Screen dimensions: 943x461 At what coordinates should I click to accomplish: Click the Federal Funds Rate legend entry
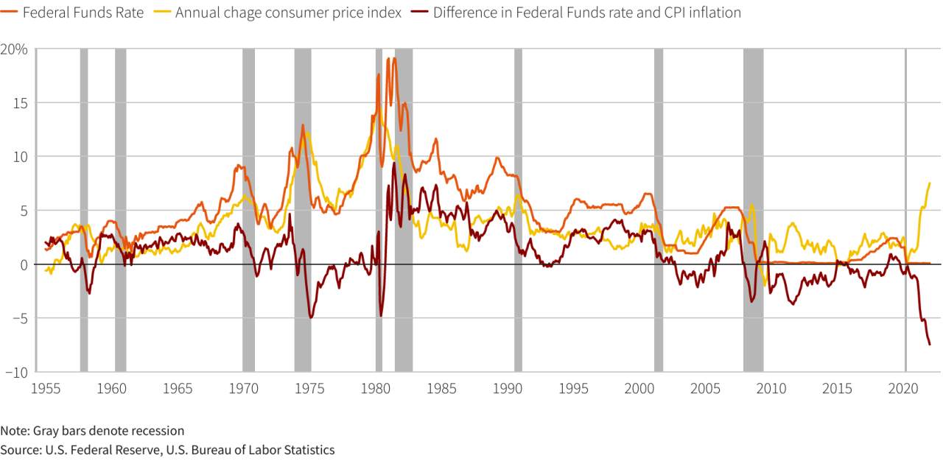[x=72, y=13]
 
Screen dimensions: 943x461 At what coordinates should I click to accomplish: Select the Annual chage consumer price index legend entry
[x=278, y=13]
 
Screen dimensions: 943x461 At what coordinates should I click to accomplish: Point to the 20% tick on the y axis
[x=14, y=49]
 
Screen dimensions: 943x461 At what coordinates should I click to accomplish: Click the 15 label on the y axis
[x=20, y=103]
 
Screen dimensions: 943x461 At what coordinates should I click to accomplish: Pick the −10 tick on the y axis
[x=16, y=372]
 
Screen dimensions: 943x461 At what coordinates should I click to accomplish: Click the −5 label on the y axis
[x=20, y=318]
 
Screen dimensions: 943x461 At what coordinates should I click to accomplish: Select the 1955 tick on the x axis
[x=46, y=388]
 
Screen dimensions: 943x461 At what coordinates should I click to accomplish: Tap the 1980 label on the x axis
[x=376, y=388]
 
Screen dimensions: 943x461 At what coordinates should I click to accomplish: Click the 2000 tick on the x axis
[x=639, y=388]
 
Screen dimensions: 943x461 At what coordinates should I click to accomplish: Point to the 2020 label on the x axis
[x=903, y=388]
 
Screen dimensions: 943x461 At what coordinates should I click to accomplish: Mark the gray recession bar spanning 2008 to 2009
[x=753, y=210]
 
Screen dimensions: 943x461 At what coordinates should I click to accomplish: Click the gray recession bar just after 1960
[x=120, y=210]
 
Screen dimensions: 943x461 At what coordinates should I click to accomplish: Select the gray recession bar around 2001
[x=659, y=210]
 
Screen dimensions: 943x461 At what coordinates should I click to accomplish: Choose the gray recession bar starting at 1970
[x=248, y=210]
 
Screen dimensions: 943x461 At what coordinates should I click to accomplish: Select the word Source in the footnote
[x=20, y=450]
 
